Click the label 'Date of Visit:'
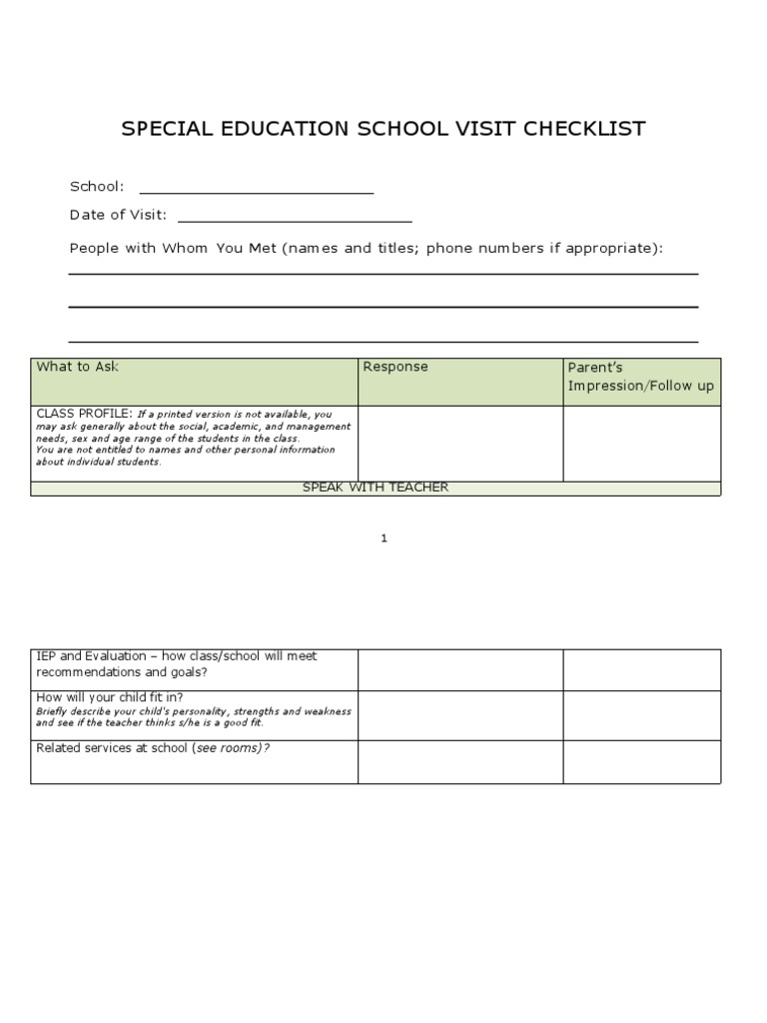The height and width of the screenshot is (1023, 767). [x=118, y=215]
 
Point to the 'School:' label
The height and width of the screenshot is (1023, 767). [x=97, y=186]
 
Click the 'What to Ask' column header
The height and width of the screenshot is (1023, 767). [x=77, y=367]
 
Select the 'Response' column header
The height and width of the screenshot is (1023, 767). [x=394, y=367]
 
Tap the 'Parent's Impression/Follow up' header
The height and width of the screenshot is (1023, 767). [x=640, y=377]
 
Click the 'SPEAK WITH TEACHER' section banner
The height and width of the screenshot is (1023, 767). [x=376, y=488]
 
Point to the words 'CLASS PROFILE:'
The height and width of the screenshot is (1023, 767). [x=84, y=414]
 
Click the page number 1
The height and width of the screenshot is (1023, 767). [x=383, y=538]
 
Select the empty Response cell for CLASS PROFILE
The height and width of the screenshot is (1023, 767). [x=459, y=444]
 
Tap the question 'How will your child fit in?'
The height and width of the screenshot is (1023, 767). [x=109, y=697]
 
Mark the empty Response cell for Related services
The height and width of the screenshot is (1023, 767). [x=459, y=761]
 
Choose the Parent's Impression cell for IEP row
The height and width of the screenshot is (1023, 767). [x=641, y=669]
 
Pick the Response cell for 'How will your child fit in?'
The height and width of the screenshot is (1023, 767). [x=459, y=715]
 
